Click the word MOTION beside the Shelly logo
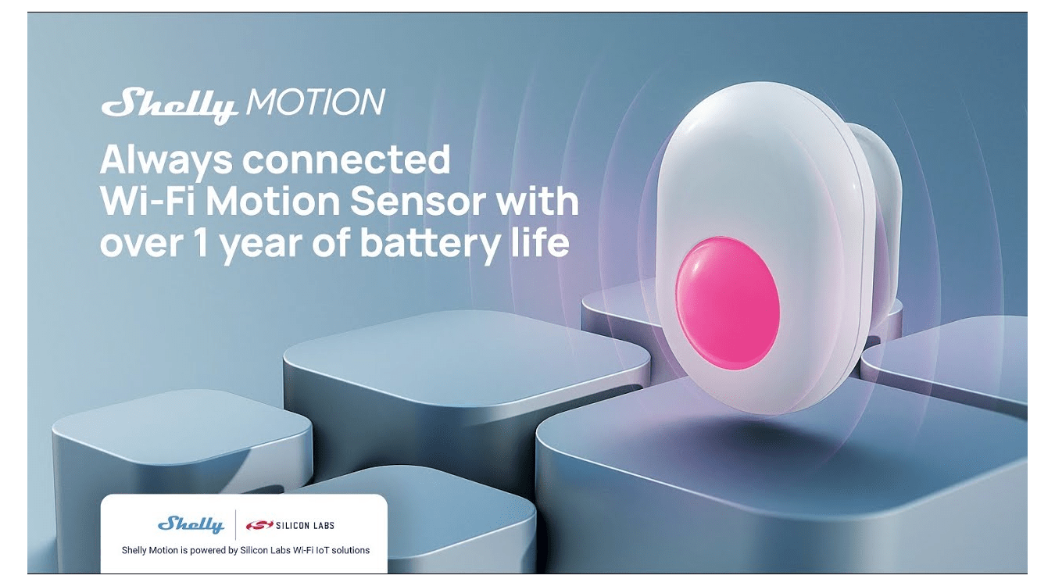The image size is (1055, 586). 315,102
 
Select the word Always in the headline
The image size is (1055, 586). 166,161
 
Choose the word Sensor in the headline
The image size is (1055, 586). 428,202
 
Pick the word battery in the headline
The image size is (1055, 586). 427,244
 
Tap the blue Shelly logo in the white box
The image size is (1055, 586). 191,524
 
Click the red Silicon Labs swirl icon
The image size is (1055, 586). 254,525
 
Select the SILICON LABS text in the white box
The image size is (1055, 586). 300,525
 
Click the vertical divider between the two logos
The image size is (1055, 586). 235,524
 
